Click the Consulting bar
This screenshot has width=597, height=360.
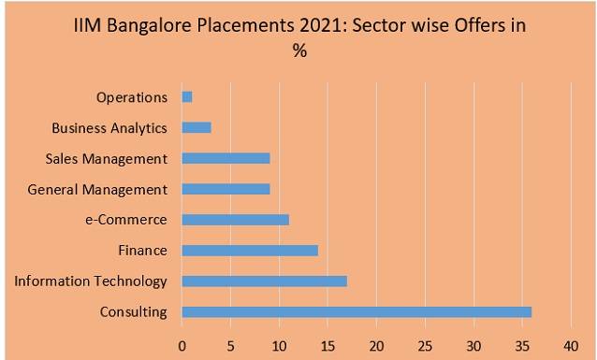(357, 311)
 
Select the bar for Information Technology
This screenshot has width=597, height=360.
(264, 281)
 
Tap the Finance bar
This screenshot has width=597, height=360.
(250, 250)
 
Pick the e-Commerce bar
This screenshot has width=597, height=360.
(235, 220)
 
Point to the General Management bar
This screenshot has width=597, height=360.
(226, 189)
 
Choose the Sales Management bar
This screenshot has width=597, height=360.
(226, 158)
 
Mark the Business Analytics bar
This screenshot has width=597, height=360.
(197, 127)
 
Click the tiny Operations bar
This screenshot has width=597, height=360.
(187, 97)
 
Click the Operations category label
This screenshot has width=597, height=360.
(132, 97)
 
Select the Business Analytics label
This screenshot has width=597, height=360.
(109, 127)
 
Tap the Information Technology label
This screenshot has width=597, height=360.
(91, 281)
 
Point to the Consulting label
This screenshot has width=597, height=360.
(133, 311)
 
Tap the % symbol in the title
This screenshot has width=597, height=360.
(299, 51)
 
